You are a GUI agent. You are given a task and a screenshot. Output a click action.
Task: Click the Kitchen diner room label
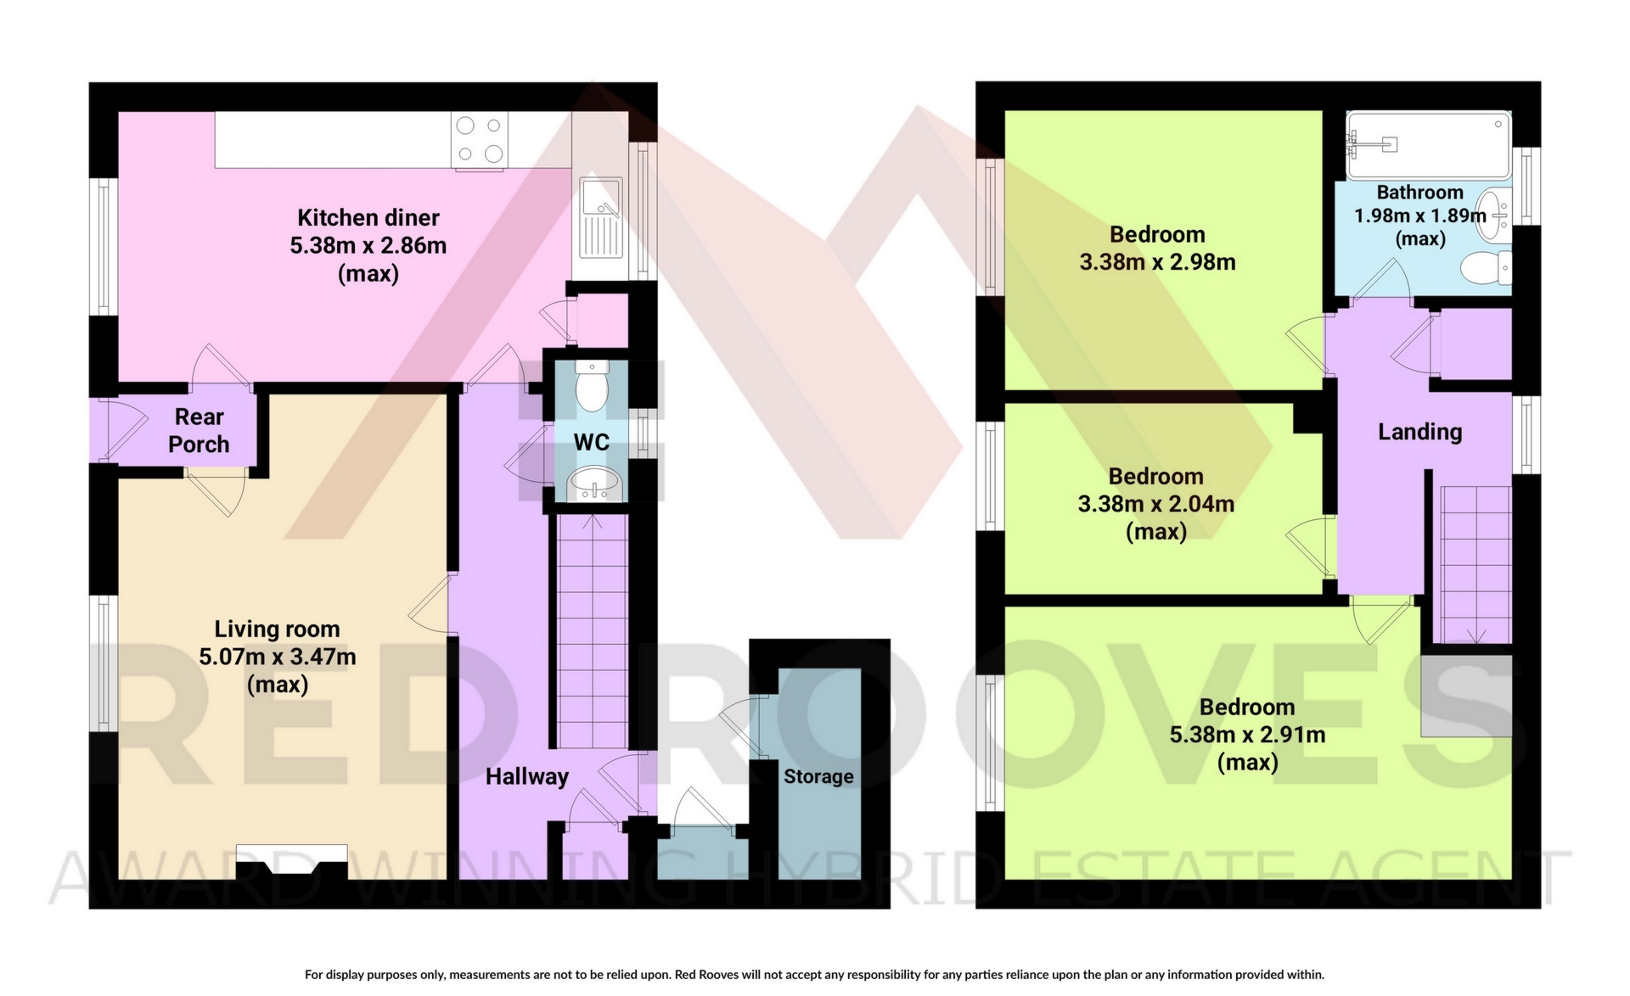[x=368, y=218]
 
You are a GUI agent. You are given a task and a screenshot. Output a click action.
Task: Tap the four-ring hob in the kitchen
[x=480, y=140]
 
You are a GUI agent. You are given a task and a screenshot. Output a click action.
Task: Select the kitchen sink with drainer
[x=602, y=217]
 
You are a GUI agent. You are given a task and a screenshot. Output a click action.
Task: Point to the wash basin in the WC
[x=594, y=486]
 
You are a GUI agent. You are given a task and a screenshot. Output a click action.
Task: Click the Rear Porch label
[x=200, y=430]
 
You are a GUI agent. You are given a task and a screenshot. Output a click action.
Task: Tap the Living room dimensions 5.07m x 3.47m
[x=278, y=657]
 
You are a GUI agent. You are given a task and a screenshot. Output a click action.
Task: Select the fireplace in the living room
[x=291, y=861]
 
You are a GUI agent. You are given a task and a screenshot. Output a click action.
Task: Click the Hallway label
[x=526, y=776]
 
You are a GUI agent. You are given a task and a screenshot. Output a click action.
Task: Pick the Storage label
[x=818, y=776]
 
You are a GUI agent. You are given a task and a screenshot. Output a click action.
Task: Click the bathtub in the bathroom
[x=1429, y=145]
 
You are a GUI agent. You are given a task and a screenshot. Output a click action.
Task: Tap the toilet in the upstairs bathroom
[x=1487, y=267]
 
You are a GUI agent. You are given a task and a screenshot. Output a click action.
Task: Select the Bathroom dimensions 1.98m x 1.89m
[x=1419, y=215]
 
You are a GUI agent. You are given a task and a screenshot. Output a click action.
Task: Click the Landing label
[x=1419, y=432]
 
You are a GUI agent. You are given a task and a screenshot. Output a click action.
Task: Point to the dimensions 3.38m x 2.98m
[x=1157, y=262]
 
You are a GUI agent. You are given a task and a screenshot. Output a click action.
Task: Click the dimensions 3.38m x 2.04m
[x=1156, y=504]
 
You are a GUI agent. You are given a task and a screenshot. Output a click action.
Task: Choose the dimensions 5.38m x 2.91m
[x=1247, y=735]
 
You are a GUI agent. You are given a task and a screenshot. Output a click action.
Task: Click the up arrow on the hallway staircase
[x=592, y=520]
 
